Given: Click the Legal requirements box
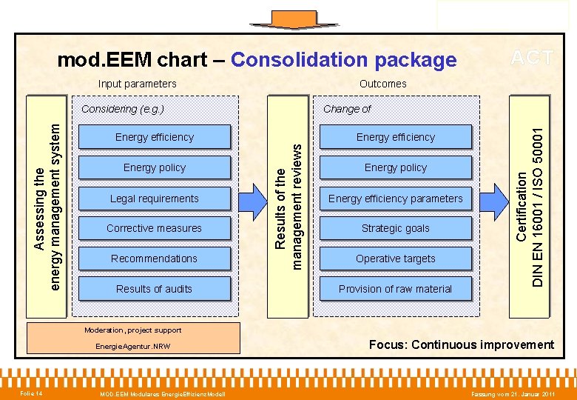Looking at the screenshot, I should click(x=154, y=199).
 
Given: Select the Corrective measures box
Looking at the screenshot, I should click(x=154, y=228).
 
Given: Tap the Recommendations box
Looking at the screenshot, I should click(x=154, y=259).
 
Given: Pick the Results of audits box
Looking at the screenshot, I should click(x=154, y=289).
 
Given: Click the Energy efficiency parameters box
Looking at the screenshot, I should click(x=395, y=199).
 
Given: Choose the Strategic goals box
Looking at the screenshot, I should click(x=395, y=228).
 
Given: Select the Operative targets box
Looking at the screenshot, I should click(x=395, y=259).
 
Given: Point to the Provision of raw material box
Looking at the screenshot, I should click(x=395, y=289).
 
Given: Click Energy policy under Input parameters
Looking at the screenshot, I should click(x=154, y=167).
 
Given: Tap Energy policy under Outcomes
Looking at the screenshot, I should click(x=395, y=167).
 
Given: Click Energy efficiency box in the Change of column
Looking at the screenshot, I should click(x=395, y=137).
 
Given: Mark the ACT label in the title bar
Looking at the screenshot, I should click(x=532, y=58).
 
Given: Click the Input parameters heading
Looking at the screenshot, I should click(x=138, y=84).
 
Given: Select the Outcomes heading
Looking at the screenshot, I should click(x=382, y=84).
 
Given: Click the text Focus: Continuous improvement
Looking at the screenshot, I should click(x=461, y=344).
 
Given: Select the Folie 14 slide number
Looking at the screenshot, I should click(x=31, y=393).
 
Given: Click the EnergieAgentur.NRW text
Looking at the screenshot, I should click(x=133, y=347).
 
